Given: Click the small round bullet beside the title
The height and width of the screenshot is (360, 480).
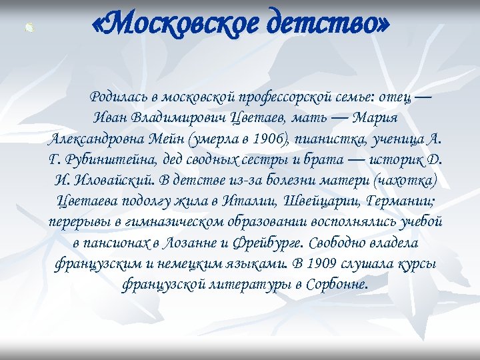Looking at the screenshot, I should tap(28, 28).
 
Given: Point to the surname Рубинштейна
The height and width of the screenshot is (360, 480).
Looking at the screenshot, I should tap(111, 160).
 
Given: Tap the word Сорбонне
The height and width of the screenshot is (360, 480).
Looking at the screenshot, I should tap(333, 284).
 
